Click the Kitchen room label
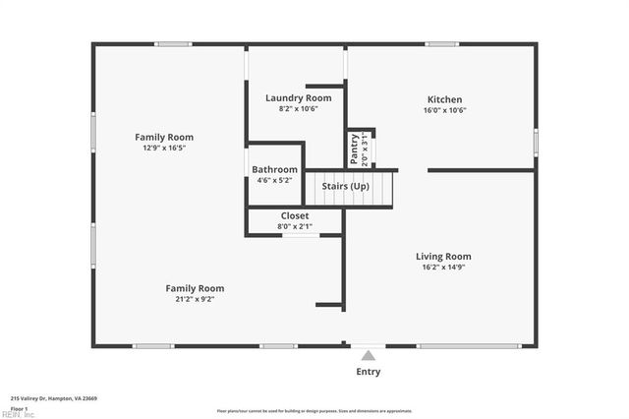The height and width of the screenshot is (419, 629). tap(444, 99)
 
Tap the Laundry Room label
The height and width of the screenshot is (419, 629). tap(298, 98)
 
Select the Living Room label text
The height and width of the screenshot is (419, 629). tap(444, 256)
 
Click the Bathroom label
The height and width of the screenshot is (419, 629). tap(274, 169)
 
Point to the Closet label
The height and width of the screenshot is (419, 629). tap(295, 215)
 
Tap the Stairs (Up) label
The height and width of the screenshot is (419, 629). tap(345, 185)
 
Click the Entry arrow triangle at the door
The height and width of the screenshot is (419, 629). tap(368, 355)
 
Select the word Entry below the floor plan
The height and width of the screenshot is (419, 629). tap(368, 372)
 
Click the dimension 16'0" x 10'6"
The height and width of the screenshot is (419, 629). tap(444, 110)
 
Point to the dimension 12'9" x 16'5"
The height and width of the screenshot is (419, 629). tap(164, 148)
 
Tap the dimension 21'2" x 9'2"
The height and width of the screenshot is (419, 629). tap(194, 299)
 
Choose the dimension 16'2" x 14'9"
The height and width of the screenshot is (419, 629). tap(444, 267)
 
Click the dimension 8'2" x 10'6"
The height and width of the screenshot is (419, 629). tap(298, 109)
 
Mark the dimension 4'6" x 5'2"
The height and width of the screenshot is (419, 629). tap(274, 180)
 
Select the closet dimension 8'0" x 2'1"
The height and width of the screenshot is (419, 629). tap(295, 226)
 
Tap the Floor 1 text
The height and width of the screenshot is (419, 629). tap(19, 408)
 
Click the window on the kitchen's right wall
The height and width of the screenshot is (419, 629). tap(536, 141)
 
